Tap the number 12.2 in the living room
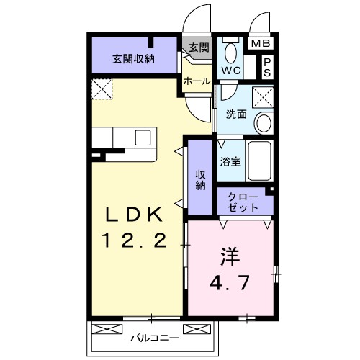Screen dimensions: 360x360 point(138,240)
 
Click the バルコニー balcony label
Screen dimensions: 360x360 point(154,336)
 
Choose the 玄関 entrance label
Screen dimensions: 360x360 point(199,48)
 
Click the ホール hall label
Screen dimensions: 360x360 point(197,81)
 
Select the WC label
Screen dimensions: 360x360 point(230,71)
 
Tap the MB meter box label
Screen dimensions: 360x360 point(260,45)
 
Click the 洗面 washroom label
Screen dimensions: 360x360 point(236,114)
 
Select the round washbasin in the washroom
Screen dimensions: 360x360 point(263,122)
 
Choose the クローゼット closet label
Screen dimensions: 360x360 point(242,202)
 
